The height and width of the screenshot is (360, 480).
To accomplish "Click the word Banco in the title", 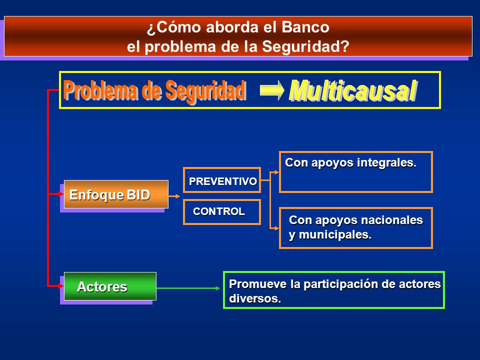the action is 305,27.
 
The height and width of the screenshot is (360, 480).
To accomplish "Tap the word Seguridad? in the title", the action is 305,47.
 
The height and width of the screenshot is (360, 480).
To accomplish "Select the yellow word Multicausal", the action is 353,90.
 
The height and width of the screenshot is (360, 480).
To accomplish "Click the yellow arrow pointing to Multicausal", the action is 272,90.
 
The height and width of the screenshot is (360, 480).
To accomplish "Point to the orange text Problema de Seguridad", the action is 155,90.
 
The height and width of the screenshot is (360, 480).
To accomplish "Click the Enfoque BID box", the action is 116,194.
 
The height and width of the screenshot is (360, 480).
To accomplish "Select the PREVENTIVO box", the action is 222,180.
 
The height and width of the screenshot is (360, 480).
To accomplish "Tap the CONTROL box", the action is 222,212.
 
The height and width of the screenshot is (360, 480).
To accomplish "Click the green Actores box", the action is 110,286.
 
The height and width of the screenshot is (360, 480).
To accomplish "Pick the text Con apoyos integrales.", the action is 351,162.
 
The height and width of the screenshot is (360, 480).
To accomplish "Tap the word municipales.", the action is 335,235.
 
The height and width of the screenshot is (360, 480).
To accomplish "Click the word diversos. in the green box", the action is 255,298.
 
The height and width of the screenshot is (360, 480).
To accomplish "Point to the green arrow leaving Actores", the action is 188,288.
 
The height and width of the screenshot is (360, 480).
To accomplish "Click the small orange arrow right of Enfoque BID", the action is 174,196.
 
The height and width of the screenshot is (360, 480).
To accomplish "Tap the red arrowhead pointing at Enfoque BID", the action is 60,194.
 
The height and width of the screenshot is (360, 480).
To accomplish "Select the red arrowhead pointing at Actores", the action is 60,286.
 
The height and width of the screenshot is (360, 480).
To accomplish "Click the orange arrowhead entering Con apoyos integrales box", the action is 276,172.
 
